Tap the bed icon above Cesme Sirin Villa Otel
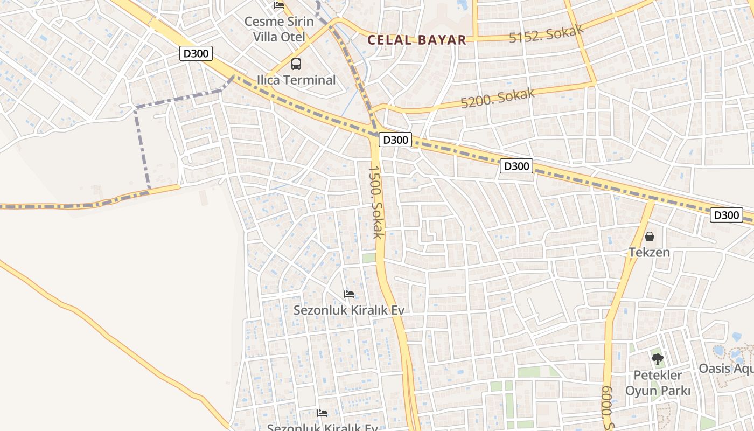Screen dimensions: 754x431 (x=279, y=5)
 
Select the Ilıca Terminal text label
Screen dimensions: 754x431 (x=296, y=80)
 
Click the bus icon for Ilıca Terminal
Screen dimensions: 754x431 (x=296, y=64)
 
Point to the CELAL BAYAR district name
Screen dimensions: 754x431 (x=416, y=40)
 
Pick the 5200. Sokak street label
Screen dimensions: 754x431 (x=497, y=98)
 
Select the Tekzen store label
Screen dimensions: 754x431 (x=649, y=252)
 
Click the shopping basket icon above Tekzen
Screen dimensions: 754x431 (x=650, y=237)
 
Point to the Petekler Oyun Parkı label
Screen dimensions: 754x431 (x=658, y=383)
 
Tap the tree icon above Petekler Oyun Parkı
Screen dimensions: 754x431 (x=657, y=359)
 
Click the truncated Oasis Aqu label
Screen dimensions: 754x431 (x=726, y=369)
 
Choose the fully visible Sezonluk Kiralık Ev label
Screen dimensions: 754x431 (x=348, y=310)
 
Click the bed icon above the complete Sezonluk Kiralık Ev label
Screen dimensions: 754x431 (x=349, y=294)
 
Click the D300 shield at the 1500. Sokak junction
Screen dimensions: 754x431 (x=395, y=140)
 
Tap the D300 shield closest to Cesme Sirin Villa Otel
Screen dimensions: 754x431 (x=196, y=53)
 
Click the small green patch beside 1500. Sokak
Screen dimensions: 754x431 (x=368, y=258)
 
